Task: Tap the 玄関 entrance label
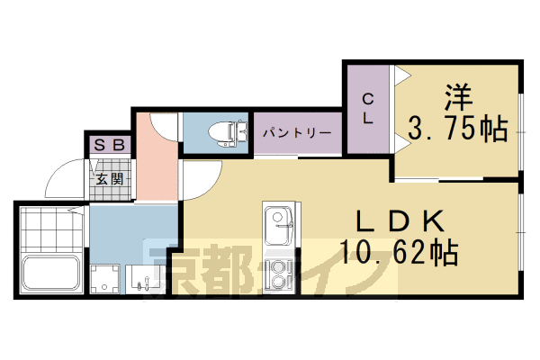111,178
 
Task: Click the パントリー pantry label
297,133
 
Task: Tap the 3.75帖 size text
456,129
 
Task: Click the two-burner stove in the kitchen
279,274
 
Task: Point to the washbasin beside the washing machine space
143,278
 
